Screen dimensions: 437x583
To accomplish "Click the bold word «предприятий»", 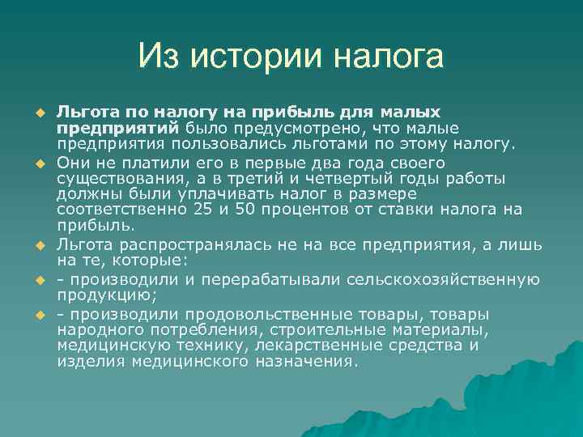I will pos(119,128).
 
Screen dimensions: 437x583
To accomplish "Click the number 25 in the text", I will pos(204,210).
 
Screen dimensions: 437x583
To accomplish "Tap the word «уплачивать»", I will pos(206,194).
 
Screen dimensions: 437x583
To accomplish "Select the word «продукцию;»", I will pos(97,295).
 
